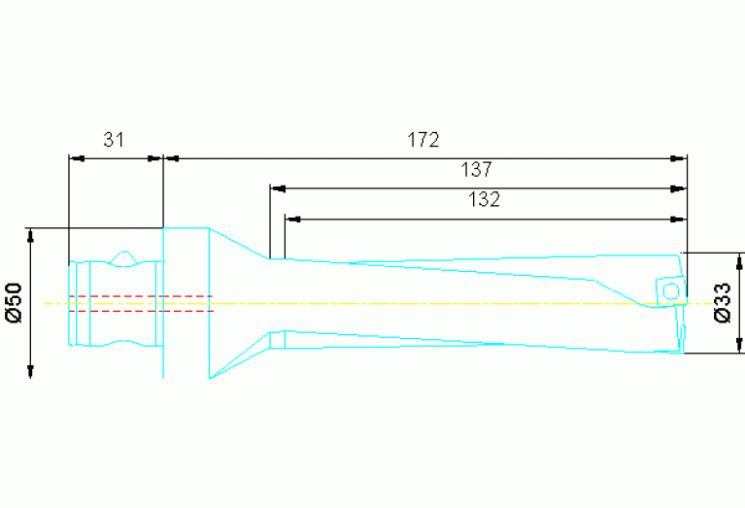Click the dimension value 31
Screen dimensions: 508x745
(x=114, y=140)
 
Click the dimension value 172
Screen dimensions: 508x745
(x=423, y=140)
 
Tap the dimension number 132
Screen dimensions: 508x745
(x=483, y=200)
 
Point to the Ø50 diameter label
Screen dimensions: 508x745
(x=13, y=303)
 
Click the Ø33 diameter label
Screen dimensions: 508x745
(x=722, y=303)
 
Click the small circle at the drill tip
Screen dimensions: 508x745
(x=668, y=291)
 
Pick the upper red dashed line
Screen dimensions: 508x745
(x=141, y=295)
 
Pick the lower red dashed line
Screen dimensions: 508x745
(x=141, y=312)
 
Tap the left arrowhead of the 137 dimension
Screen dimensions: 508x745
(x=277, y=188)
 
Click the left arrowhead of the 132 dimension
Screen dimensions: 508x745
(x=291, y=219)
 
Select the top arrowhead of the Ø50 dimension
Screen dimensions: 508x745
(x=31, y=235)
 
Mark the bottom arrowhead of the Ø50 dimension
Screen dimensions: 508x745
(x=31, y=371)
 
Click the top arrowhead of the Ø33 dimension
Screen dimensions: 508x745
(x=740, y=260)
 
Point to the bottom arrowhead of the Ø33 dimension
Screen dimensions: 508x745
(x=740, y=346)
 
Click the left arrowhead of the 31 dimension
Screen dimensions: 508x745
(x=75, y=157)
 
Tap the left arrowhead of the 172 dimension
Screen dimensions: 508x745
(x=170, y=157)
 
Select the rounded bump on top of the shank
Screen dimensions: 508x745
(x=123, y=257)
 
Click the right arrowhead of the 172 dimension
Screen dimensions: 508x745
(x=679, y=157)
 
